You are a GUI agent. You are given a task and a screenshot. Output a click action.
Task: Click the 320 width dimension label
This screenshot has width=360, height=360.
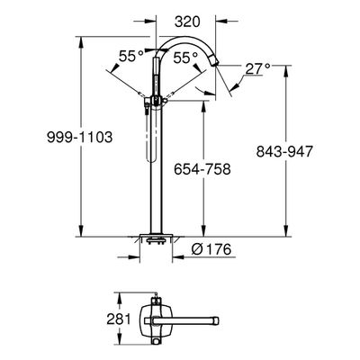point(187,22)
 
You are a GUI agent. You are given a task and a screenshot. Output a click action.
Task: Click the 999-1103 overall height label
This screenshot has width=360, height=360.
point(80,138)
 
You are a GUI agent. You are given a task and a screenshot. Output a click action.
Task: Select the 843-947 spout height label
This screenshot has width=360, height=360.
point(284,151)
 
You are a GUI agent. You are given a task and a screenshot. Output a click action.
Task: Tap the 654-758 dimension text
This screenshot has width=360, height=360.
point(202,169)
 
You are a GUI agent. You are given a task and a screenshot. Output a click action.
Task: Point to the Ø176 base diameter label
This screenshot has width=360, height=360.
point(211,249)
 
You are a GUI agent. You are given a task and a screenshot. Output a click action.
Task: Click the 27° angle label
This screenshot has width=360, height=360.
point(257,69)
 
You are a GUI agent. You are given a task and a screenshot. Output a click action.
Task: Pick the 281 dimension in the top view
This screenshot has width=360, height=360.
point(119,319)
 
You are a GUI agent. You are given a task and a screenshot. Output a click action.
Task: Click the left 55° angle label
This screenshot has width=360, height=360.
point(131,57)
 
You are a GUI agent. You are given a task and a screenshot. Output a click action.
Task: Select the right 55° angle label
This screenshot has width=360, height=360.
point(186,58)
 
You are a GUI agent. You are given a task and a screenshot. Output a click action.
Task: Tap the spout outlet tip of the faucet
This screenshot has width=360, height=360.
point(215,62)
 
